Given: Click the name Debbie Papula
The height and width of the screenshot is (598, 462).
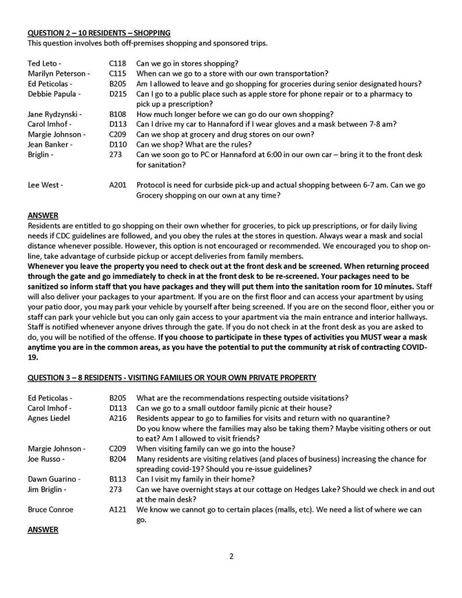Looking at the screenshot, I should [50, 93].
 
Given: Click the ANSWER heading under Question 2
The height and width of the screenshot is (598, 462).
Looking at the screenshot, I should [43, 215].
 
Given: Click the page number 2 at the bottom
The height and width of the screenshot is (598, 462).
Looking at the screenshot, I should [231, 556].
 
